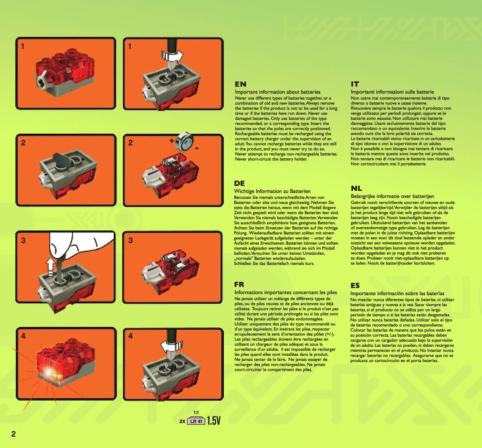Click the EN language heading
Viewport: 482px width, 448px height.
(x=240, y=84)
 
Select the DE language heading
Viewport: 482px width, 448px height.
(x=240, y=183)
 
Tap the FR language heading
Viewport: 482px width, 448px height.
(x=239, y=284)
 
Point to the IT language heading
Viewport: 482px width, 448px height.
(x=355, y=84)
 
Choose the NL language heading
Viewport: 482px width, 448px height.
(x=356, y=188)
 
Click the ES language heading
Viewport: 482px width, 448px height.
(x=355, y=286)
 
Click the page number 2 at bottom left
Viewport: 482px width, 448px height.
(x=13, y=434)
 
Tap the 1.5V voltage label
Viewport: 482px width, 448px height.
(x=214, y=420)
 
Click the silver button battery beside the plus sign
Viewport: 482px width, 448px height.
(x=185, y=141)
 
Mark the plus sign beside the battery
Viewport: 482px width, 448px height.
(x=172, y=141)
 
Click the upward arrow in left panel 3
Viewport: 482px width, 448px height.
(x=50, y=268)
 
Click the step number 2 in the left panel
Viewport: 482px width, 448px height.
(x=23, y=143)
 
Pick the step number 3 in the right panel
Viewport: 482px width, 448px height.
(x=130, y=240)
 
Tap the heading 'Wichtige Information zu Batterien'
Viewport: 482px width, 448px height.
(x=272, y=191)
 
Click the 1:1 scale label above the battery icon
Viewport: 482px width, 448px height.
(x=196, y=413)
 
